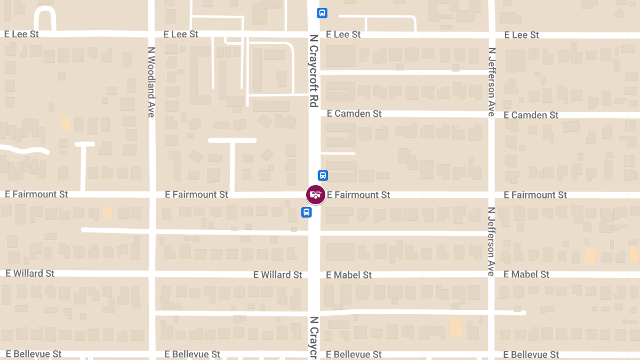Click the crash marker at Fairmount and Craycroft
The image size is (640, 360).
[x=316, y=195]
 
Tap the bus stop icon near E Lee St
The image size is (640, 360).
[x=322, y=13]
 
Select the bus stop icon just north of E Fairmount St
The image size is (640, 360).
[x=323, y=175]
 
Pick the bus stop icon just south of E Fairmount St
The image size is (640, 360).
[x=306, y=212]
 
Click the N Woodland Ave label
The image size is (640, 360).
[x=151, y=82]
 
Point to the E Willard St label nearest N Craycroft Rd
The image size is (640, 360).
[x=277, y=275]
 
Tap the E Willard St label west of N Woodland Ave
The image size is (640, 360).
[x=30, y=274]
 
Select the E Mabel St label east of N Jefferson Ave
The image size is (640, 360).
[x=526, y=275]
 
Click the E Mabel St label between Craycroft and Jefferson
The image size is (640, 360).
[x=349, y=275]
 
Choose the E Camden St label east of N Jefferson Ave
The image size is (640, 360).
[x=531, y=115]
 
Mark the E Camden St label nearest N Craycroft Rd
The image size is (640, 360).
[x=354, y=114]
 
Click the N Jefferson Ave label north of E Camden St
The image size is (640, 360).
[x=491, y=82]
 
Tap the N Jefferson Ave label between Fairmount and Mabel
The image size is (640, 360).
[x=491, y=241]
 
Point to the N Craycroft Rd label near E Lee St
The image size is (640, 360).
[x=313, y=71]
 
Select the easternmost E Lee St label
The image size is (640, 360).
[x=522, y=35]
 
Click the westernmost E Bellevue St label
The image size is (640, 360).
[x=34, y=354]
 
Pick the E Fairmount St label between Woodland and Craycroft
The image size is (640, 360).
[x=197, y=195]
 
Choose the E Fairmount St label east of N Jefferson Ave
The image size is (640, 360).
[x=535, y=195]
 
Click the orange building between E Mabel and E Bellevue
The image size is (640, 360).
[x=456, y=326]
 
